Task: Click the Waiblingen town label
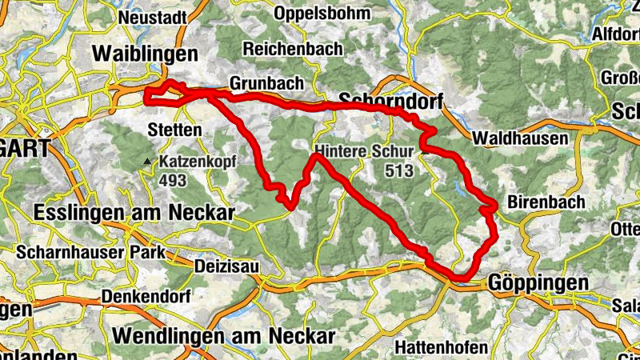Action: pyautogui.click(x=145, y=54)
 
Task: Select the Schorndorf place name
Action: pyautogui.click(x=391, y=100)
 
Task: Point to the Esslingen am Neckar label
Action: pyautogui.click(x=134, y=213)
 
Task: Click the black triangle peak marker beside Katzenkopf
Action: pyautogui.click(x=146, y=162)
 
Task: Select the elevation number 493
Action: pyautogui.click(x=173, y=181)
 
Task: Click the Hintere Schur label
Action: pyautogui.click(x=364, y=150)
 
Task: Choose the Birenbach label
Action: pyautogui.click(x=546, y=202)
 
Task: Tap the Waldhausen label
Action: pyautogui.click(x=520, y=138)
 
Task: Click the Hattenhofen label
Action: pyautogui.click(x=441, y=348)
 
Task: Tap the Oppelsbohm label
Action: pyautogui.click(x=322, y=14)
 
